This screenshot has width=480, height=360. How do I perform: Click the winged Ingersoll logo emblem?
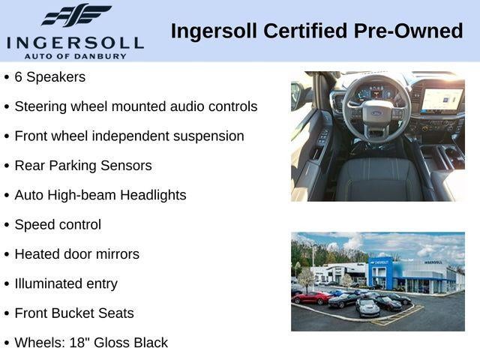[76, 15]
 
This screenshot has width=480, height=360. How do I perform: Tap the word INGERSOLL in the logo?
[75, 43]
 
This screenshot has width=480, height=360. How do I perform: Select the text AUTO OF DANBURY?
[75, 56]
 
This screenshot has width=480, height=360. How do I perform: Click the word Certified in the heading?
[305, 31]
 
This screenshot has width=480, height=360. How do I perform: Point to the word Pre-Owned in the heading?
[408, 31]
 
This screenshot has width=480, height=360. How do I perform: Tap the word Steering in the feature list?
[40, 107]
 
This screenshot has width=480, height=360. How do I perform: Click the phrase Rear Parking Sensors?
[83, 166]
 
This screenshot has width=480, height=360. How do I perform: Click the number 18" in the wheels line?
[79, 343]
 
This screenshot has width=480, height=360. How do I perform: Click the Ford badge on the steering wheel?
[377, 113]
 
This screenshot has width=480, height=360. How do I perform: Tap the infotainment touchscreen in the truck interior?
[442, 100]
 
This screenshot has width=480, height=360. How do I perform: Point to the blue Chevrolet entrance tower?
[380, 273]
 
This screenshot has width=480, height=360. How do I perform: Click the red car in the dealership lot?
[312, 297]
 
